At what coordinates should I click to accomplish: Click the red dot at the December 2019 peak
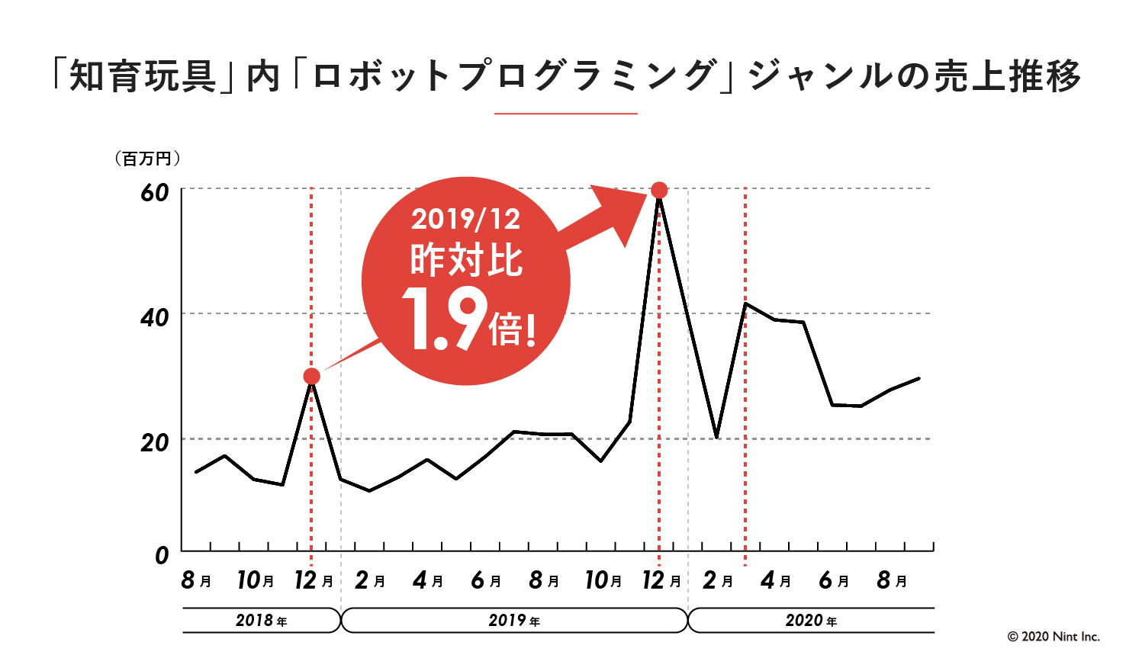660,190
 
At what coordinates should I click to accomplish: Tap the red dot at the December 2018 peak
311,376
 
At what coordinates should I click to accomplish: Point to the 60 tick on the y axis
155,192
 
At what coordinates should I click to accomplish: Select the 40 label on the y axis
155,317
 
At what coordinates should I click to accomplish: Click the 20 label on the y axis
155,442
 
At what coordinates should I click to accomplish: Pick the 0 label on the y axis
162,555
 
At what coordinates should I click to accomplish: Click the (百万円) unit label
147,159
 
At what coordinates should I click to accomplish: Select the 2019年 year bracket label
513,621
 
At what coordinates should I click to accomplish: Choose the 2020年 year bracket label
811,621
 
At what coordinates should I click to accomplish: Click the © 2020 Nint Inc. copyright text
1054,637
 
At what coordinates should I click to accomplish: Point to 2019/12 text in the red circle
465,220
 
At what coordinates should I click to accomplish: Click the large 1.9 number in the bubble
445,320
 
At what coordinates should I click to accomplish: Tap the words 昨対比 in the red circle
466,261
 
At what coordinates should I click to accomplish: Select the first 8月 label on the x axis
196,581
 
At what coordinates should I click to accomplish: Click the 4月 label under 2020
776,581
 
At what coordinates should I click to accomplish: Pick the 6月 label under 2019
486,581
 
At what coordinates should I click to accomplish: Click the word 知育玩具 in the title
143,76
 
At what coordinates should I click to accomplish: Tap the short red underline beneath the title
565,114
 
